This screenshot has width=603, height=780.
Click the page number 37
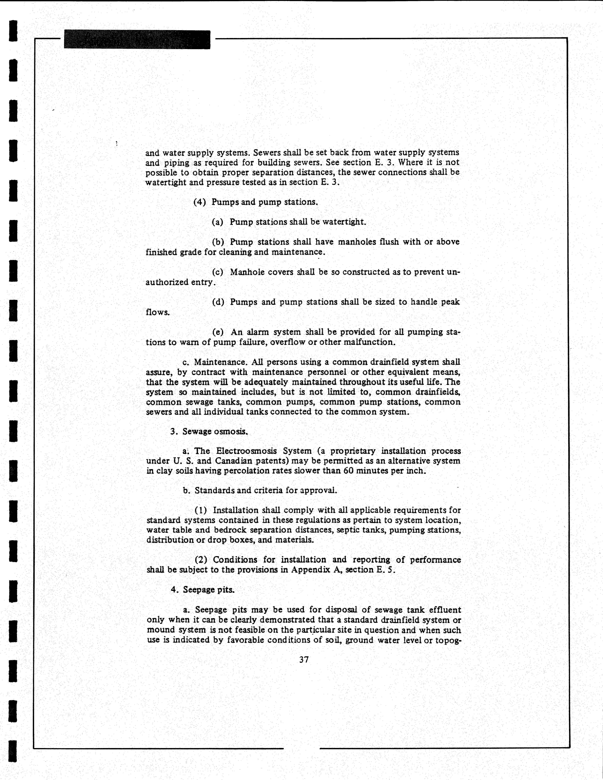(304, 660)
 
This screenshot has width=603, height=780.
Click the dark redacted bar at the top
(137, 40)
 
